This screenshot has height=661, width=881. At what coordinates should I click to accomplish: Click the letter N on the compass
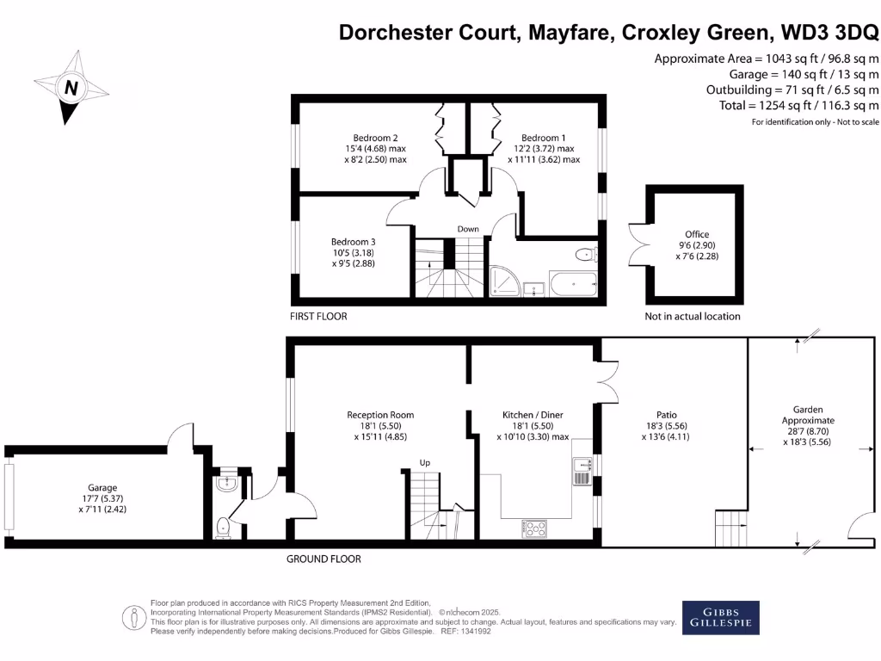pos(71,88)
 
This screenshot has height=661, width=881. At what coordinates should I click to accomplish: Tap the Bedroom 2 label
pos(375,138)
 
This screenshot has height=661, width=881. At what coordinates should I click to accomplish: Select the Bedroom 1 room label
pos(544,138)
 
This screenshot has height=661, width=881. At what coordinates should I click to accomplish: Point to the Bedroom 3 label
pos(353,242)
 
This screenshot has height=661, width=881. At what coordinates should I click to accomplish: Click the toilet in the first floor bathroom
pos(586,255)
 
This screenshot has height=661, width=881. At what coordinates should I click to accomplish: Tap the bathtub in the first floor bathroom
pos(574,284)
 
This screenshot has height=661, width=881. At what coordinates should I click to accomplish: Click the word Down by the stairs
pos(468,229)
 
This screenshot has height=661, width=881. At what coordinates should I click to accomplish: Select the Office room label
pos(697,234)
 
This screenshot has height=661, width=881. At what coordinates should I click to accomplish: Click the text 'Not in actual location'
pos(693,317)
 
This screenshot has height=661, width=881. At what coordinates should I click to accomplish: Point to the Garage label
pos(102,488)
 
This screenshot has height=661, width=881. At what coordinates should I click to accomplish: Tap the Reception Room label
pos(380,415)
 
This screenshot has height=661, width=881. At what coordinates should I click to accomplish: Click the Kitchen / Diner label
pos(533,415)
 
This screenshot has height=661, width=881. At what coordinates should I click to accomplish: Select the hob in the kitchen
pos(534,528)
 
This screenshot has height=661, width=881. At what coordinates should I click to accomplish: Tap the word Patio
pos(667,415)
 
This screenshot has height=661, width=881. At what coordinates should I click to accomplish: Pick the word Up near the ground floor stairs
pos(425,462)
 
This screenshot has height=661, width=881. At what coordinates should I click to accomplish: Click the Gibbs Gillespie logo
pos(721,618)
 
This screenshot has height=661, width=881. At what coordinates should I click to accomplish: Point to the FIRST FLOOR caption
pos(318,317)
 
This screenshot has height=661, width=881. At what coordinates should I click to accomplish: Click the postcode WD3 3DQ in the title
pos(830,32)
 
